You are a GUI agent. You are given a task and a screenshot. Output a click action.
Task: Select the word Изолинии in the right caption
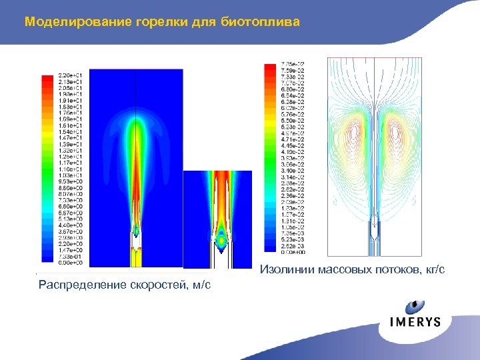coord(285,269)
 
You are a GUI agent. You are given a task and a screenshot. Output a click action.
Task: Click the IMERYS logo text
coord(415,321)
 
